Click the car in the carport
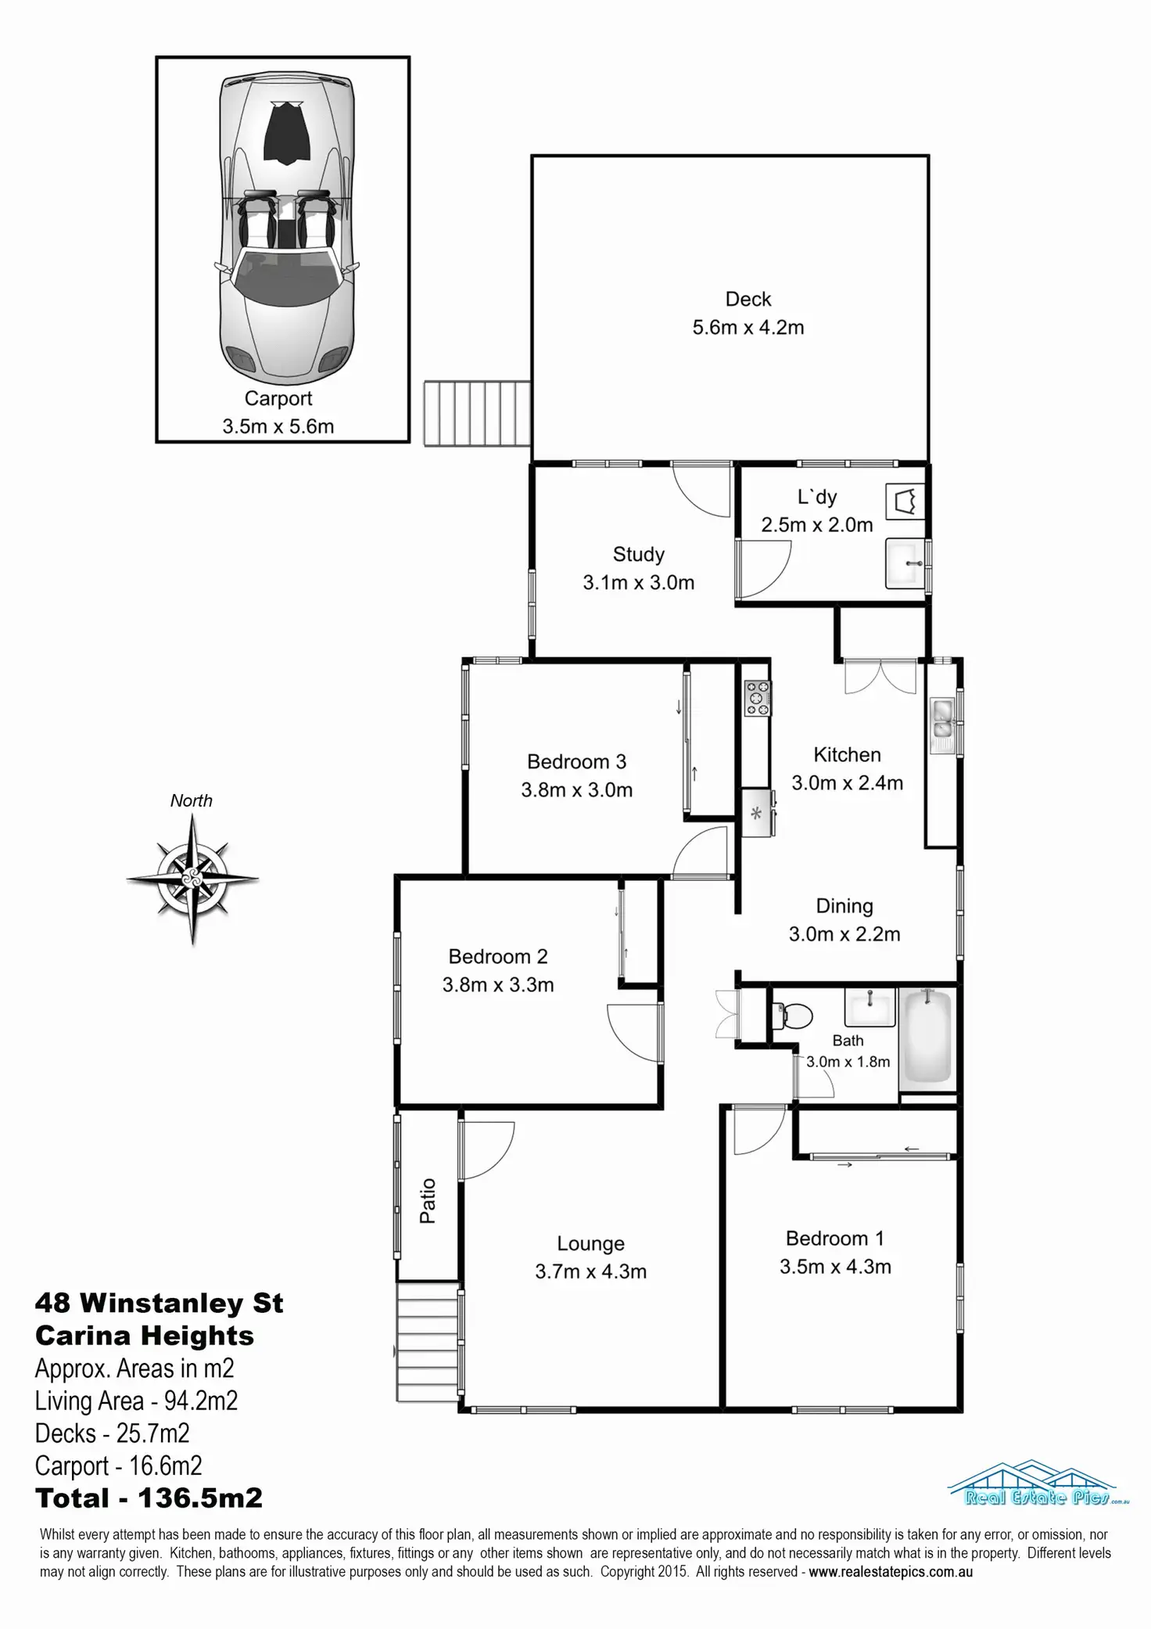point(285,227)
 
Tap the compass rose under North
point(192,879)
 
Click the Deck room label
point(748,299)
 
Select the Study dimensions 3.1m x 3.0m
point(638,582)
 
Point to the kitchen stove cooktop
point(757,697)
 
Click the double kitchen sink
point(941,722)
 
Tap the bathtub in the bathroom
point(928,1037)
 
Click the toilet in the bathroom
point(794,1016)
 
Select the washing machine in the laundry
point(905,501)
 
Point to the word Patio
point(428,1200)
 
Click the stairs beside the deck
point(478,413)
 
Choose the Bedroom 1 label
point(834,1239)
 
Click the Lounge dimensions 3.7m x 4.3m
point(590,1271)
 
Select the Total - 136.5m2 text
point(149,1498)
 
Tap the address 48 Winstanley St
point(159,1303)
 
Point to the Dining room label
point(844,906)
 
